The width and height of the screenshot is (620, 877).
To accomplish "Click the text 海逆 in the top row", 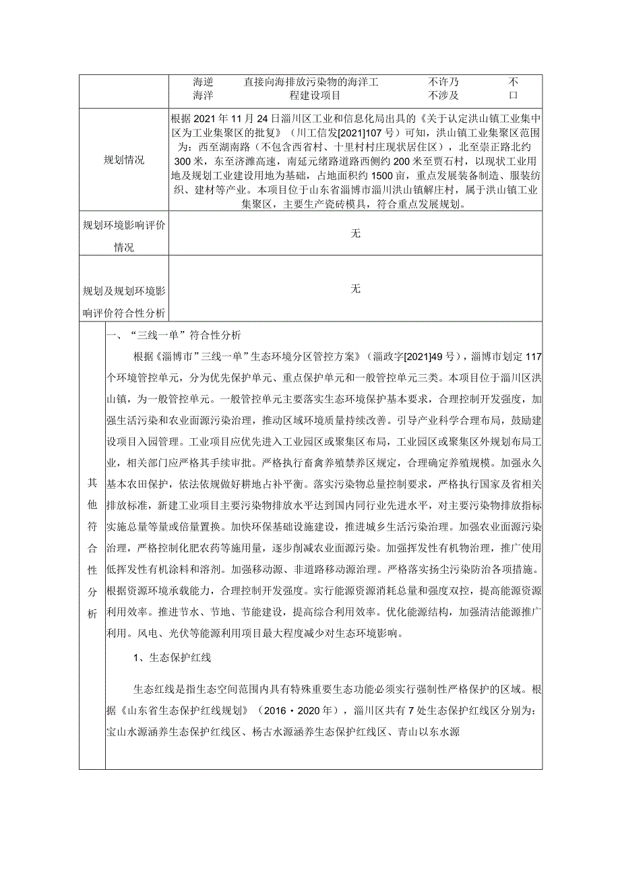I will coord(203,82).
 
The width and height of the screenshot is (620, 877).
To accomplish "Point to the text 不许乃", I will coord(443,82).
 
